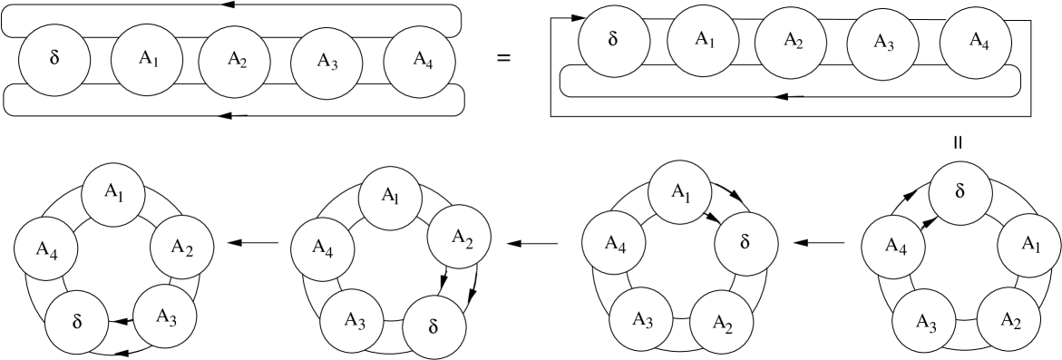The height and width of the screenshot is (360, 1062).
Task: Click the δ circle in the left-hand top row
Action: [54, 60]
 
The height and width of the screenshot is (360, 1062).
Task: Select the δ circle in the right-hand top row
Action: [614, 41]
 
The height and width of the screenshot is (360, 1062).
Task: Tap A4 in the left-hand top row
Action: [419, 61]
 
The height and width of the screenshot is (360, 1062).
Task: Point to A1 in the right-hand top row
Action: [703, 39]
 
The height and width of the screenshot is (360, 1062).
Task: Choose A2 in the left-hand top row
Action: [234, 62]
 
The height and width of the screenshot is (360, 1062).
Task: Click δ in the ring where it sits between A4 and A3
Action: [77, 322]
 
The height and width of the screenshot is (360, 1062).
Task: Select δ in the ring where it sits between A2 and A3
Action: [433, 326]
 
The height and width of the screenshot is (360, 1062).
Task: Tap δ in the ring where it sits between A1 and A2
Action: [745, 243]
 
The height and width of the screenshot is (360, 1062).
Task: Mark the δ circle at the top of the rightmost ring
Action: [960, 192]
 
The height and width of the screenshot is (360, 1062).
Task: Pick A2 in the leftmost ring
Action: [181, 247]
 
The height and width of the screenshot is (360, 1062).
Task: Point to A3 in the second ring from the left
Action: [352, 320]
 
